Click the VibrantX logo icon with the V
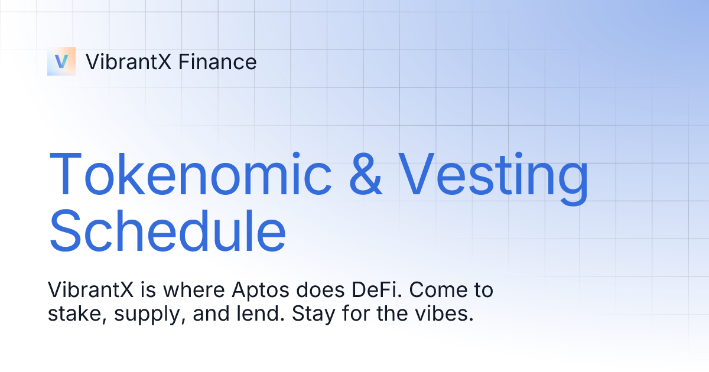pos(61,61)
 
